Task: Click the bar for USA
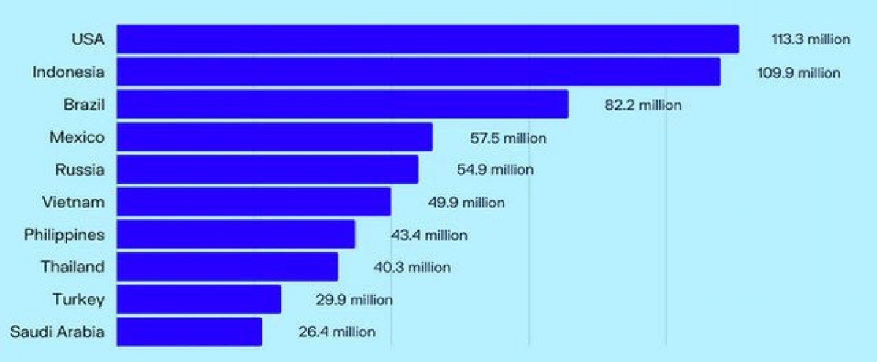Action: pos(428,39)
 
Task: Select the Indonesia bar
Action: pos(418,72)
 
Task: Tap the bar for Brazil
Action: pos(342,105)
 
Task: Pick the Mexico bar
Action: pos(274,137)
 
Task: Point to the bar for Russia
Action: pos(267,170)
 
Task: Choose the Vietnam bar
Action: pos(254,202)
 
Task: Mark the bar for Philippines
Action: pos(235,235)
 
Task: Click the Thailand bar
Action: pos(227,267)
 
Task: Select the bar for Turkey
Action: pos(199,299)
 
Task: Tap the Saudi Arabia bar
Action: pos(189,331)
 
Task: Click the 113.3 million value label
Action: pos(810,39)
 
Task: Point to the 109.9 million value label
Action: pos(798,73)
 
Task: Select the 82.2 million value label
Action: pos(642,105)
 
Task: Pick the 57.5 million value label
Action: pos(507,137)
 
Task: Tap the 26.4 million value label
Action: pos(336,332)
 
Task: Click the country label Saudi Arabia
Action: pos(57,332)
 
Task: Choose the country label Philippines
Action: pos(64,235)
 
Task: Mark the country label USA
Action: pos(88,39)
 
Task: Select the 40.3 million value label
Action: pos(411,268)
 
